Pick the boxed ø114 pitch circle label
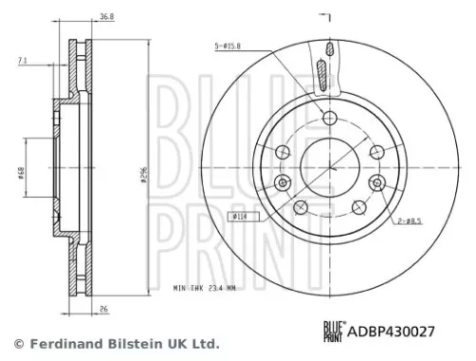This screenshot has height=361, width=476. [241, 217]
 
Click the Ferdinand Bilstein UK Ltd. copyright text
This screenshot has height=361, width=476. [117, 343]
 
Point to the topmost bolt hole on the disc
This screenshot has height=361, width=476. [328, 118]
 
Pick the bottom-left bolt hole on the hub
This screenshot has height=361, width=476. [299, 207]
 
